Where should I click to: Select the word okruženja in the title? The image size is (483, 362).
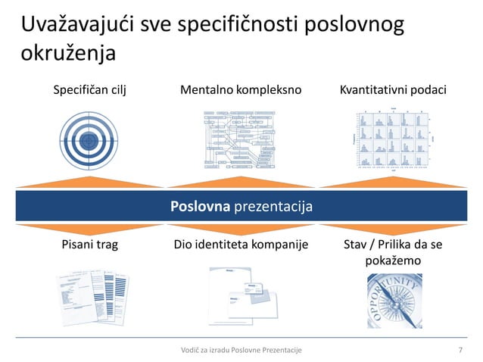(68, 54)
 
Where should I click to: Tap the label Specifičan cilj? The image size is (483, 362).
(89, 90)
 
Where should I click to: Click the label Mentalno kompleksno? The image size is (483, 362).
(241, 90)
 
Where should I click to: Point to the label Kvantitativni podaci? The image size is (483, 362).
(394, 90)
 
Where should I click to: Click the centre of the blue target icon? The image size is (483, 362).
(89, 139)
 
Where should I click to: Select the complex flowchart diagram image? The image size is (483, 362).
(241, 139)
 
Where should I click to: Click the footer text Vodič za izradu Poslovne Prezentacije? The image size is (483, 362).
(236, 349)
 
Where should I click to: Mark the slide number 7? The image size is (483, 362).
(461, 349)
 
